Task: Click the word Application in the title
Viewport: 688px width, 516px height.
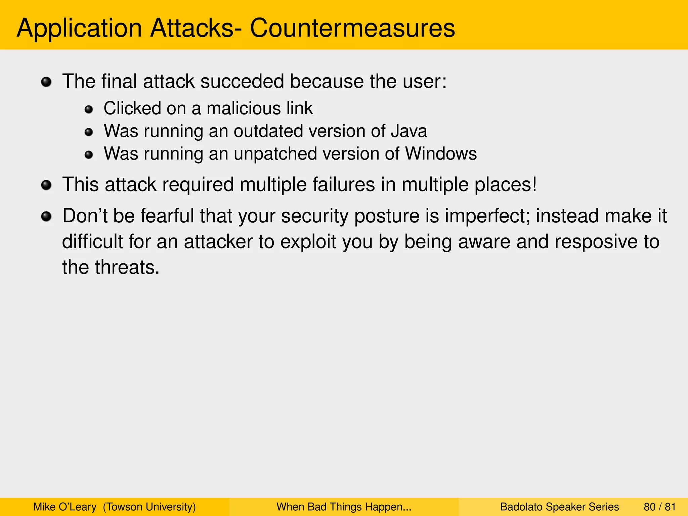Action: coord(79,28)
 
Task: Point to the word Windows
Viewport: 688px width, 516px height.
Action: coord(441,154)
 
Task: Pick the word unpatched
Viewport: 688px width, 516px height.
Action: coord(275,154)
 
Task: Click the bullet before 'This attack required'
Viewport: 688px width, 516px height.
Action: coord(46,185)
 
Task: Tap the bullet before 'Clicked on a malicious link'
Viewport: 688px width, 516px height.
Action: coord(89,109)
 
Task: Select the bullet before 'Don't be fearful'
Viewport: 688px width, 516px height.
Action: coord(46,216)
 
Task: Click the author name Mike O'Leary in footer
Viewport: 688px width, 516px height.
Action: coord(64,507)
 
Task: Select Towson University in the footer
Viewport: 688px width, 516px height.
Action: coord(149,507)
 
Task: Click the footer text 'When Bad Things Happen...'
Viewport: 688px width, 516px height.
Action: coord(344,507)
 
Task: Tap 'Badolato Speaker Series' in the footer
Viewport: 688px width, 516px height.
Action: coord(559,507)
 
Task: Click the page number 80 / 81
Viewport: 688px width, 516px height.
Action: coord(659,507)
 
